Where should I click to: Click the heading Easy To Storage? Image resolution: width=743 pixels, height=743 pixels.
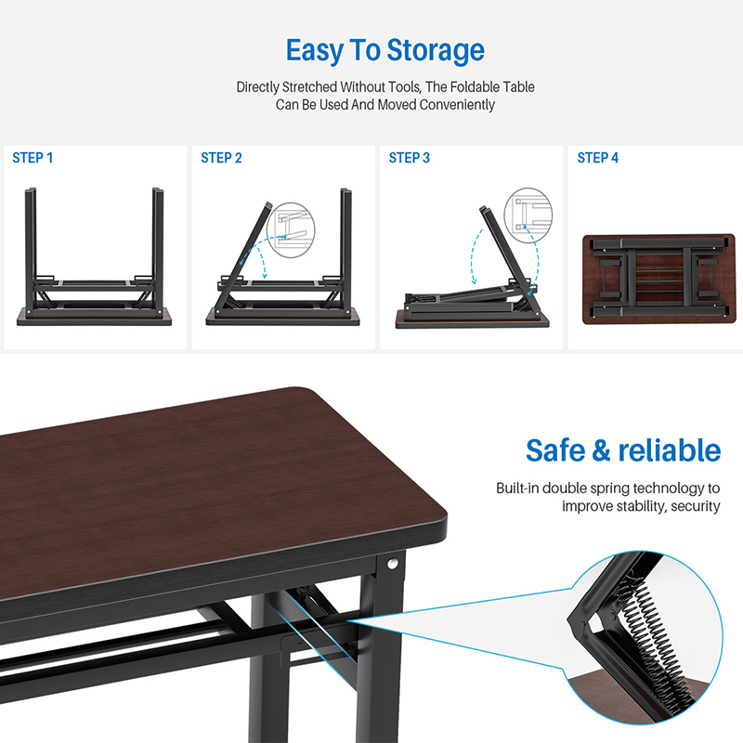[x=385, y=49]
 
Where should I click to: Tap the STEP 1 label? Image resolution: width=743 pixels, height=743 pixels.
[x=33, y=158]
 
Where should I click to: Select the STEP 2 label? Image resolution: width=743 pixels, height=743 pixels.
[x=221, y=158]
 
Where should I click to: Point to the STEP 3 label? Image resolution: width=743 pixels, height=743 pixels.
[x=410, y=158]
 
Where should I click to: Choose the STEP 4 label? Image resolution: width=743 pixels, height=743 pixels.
[x=598, y=158]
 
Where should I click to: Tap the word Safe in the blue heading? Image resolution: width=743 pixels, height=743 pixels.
[x=556, y=450]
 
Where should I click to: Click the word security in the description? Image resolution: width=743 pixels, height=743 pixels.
[x=697, y=506]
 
